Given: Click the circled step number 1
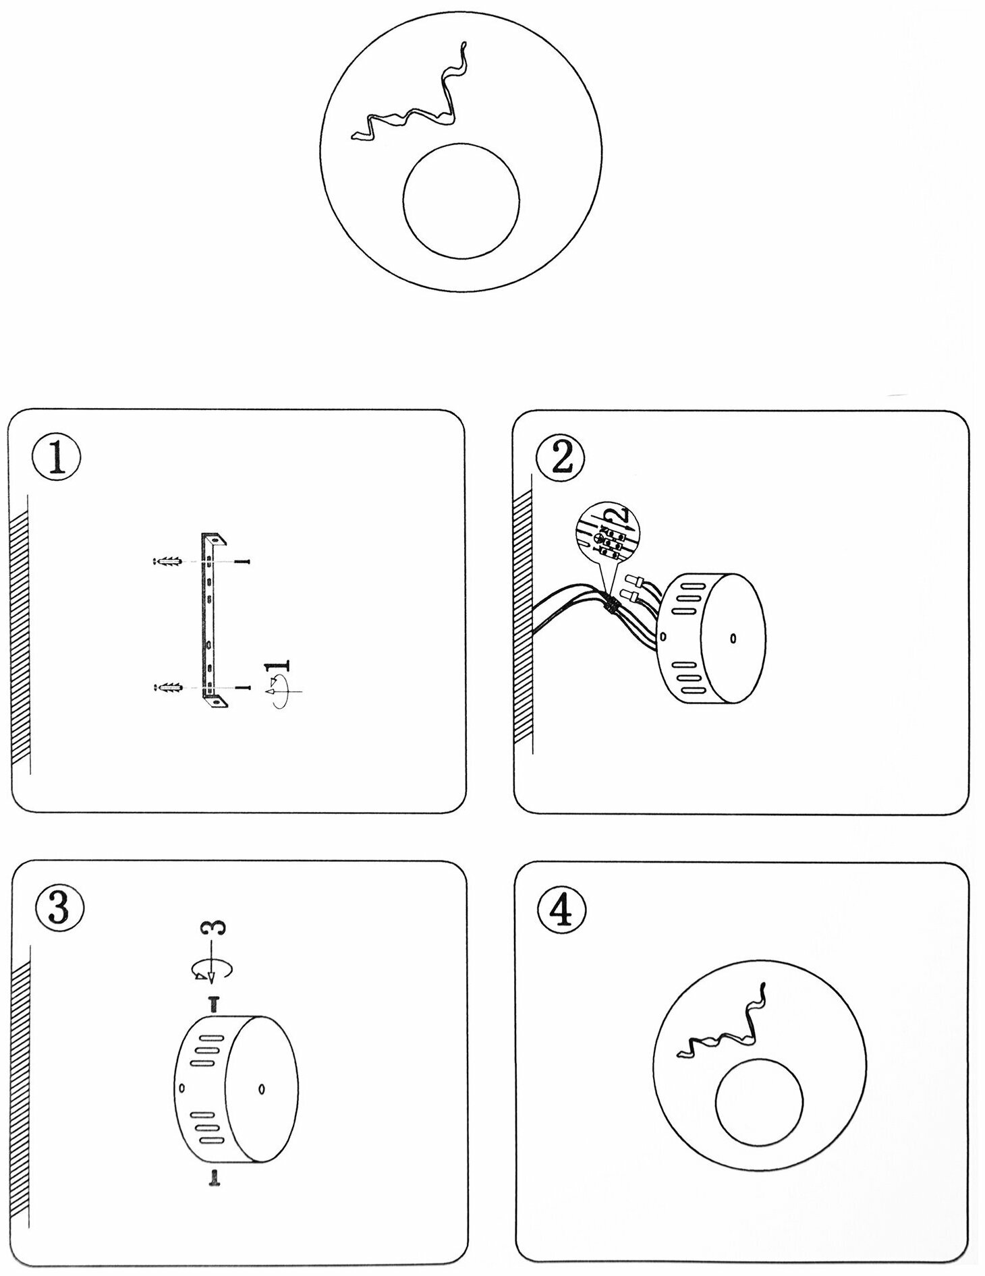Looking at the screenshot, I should click(57, 457).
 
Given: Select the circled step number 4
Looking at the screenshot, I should click(563, 911).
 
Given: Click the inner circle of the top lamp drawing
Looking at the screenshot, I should click(461, 200).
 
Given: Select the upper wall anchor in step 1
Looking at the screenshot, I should click(167, 561).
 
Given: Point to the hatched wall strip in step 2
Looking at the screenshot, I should click(523, 620).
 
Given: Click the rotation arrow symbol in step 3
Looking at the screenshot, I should click(210, 968).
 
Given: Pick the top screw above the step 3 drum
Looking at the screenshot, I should click(214, 1004).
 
